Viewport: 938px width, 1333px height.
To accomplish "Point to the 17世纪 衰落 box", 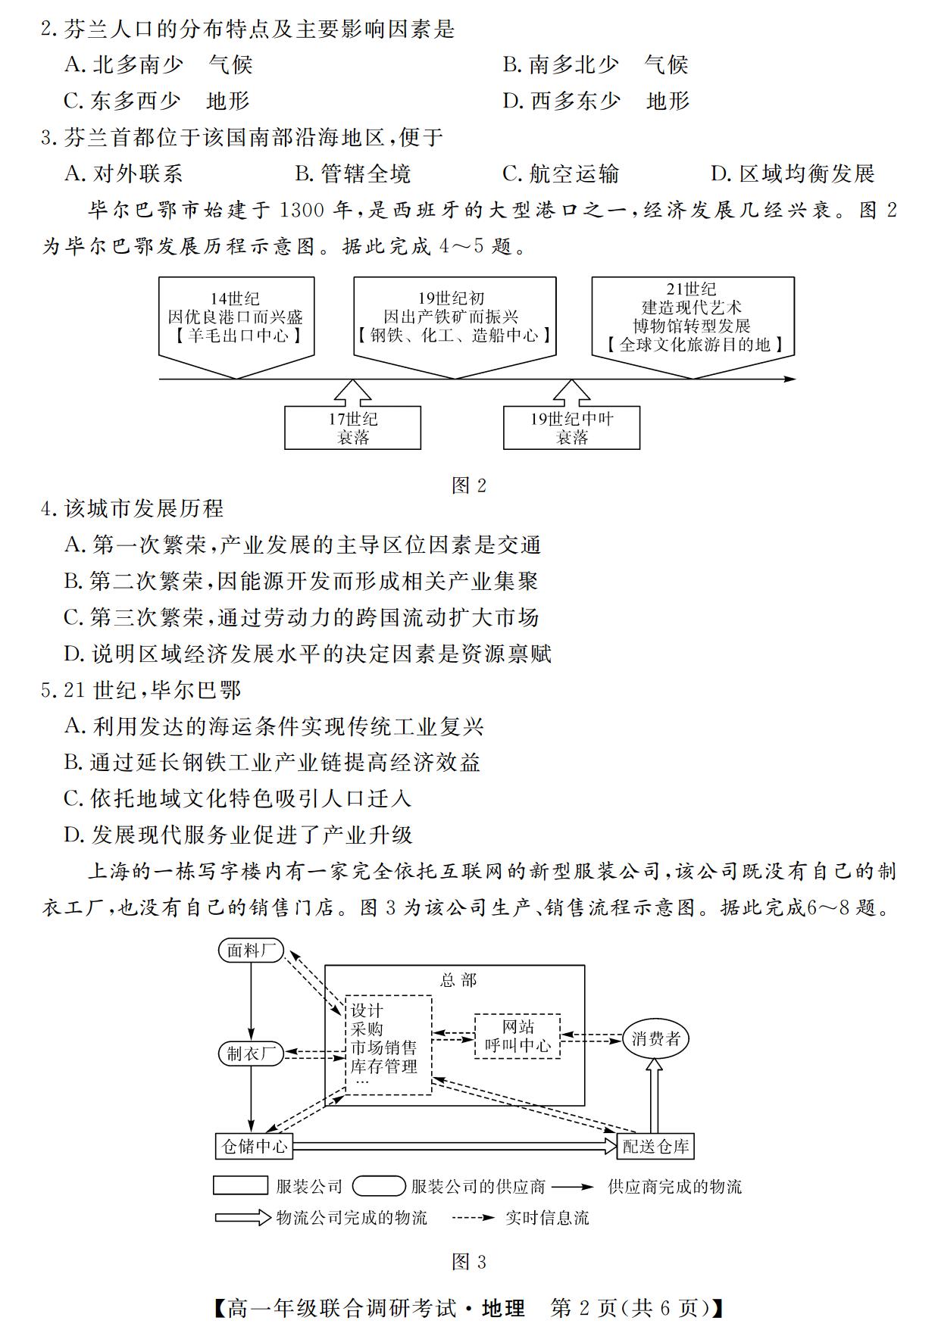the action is coord(352,428).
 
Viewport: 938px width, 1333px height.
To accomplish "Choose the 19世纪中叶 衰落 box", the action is coord(571,428).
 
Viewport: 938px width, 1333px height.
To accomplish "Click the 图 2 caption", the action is coord(469,485).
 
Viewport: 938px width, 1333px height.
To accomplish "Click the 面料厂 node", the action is coord(251,950).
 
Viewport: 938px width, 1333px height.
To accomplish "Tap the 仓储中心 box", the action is coord(254,1146).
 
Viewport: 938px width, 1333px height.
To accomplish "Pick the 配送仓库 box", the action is coord(656,1146).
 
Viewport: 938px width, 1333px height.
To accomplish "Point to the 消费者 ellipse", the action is coord(656,1038).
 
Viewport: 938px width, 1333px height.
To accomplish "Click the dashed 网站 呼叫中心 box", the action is coord(517,1036).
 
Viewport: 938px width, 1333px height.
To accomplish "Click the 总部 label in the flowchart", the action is coord(458,980).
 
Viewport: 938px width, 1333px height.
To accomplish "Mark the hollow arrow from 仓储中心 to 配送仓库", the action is coord(455,1146).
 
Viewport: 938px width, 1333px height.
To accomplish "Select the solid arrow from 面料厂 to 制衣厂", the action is coord(251,1001).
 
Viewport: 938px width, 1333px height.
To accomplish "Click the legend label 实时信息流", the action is coord(547,1218).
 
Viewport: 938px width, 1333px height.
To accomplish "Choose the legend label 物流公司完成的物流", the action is coord(352,1218).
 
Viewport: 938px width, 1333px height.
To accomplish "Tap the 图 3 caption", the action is coord(469,1262).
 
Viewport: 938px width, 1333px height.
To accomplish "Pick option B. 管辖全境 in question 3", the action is coord(353,173).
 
